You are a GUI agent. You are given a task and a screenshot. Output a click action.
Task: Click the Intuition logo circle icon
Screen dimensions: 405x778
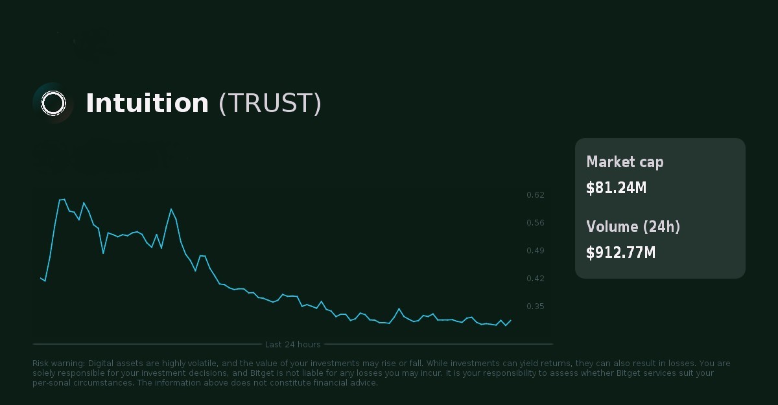tap(53, 103)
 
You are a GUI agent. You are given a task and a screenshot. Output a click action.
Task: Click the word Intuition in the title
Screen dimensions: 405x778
tap(147, 104)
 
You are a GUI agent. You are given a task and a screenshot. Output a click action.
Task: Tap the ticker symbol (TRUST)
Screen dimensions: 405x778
tap(270, 104)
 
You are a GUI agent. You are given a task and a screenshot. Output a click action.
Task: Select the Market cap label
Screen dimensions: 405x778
tap(624, 162)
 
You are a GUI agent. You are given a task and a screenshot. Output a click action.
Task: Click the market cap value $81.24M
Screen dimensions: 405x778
tap(616, 188)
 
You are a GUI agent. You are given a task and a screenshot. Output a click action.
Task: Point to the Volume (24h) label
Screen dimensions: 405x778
tap(633, 227)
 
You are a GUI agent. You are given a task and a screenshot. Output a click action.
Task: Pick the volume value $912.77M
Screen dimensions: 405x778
tap(620, 253)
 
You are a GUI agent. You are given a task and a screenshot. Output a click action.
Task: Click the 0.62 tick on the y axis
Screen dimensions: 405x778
tap(536, 195)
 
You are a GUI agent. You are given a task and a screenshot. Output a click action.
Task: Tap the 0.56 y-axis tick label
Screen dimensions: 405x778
tap(536, 223)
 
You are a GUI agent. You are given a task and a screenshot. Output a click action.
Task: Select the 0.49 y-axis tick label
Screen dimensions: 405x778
tap(536, 251)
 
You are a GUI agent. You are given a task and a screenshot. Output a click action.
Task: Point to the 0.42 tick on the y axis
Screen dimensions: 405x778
tap(536, 279)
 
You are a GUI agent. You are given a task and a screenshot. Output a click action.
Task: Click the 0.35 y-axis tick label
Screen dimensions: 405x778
tap(536, 307)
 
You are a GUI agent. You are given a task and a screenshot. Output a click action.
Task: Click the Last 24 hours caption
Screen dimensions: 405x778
tap(292, 344)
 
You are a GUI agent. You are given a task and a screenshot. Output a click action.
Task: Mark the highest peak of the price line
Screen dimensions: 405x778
tap(64, 199)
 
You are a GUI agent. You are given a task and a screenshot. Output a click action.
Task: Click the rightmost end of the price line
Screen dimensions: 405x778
tap(511, 319)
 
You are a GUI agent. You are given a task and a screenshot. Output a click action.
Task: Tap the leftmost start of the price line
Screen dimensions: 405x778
tap(40, 277)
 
